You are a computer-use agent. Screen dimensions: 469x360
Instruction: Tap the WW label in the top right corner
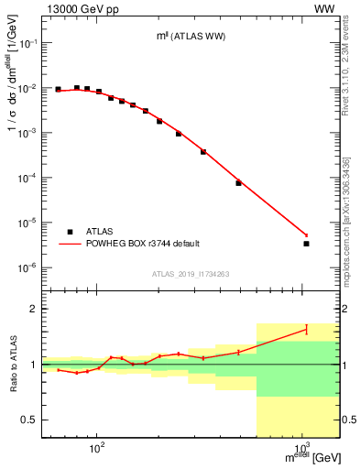pos(325,8)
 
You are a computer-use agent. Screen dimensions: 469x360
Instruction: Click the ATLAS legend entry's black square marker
pos(70,232)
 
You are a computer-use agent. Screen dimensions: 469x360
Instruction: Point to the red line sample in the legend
pos(70,244)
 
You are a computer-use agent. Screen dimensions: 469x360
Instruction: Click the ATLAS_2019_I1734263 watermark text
pos(191,274)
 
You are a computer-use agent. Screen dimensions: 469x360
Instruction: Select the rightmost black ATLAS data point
pos(306,244)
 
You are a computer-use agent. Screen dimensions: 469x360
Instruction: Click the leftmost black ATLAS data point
pos(58,90)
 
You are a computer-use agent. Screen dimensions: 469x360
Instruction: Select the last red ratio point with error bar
pos(306,329)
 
